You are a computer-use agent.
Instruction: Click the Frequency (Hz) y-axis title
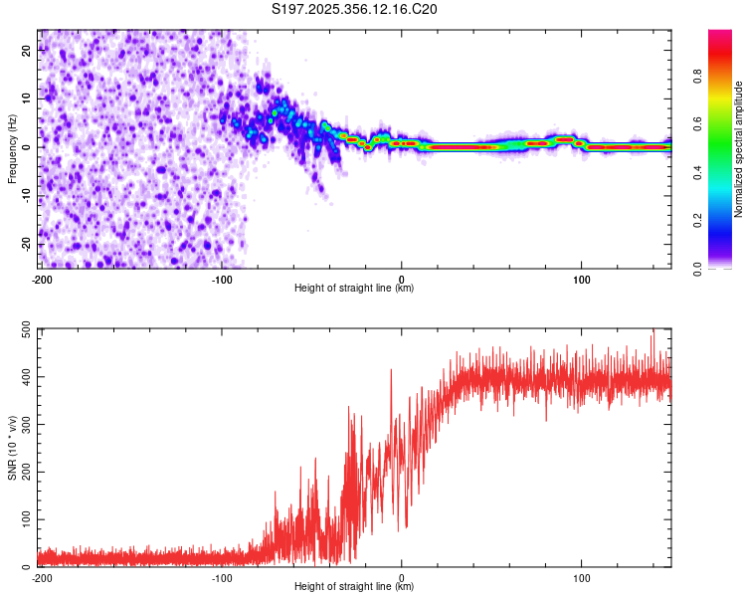coord(12,148)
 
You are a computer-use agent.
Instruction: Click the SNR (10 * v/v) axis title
coord(12,448)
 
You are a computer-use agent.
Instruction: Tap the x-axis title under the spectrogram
coord(355,289)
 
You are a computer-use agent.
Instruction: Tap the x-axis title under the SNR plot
coord(355,587)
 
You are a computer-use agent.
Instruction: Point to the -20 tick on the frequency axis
coord(26,244)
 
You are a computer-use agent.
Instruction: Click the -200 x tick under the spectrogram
coord(41,279)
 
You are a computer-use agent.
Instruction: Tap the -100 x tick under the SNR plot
coord(221,577)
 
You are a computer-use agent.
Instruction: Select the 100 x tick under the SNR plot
coord(581,577)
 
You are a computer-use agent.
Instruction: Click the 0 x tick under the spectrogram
coord(401,279)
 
